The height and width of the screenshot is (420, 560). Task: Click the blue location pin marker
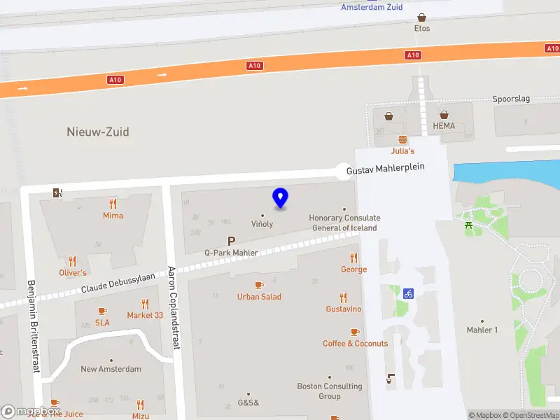pos(281,199)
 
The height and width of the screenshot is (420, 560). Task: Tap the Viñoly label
pos(262,224)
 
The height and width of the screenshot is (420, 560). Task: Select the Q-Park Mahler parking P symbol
pos(232,241)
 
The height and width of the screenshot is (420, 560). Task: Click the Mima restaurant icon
pos(113,204)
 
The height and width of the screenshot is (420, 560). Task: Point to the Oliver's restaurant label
pos(73,273)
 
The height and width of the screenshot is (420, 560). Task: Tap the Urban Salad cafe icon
pos(259,285)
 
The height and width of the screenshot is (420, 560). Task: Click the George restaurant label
pos(353,269)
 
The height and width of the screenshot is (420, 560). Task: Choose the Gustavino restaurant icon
pos(343,297)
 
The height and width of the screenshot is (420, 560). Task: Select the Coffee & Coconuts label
pos(355,344)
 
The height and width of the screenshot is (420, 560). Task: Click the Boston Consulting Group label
pos(330,391)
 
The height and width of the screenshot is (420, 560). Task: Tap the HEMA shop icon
pos(444,114)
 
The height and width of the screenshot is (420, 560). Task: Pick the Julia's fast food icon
pos(402,139)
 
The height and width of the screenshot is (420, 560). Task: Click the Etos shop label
pos(421,29)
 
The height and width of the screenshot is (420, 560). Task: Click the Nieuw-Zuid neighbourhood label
pos(98,132)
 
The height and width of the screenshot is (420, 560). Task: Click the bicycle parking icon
pos(407,293)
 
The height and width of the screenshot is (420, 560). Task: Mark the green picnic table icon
pos(468,225)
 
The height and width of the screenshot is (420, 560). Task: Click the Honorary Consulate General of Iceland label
pos(345,223)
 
